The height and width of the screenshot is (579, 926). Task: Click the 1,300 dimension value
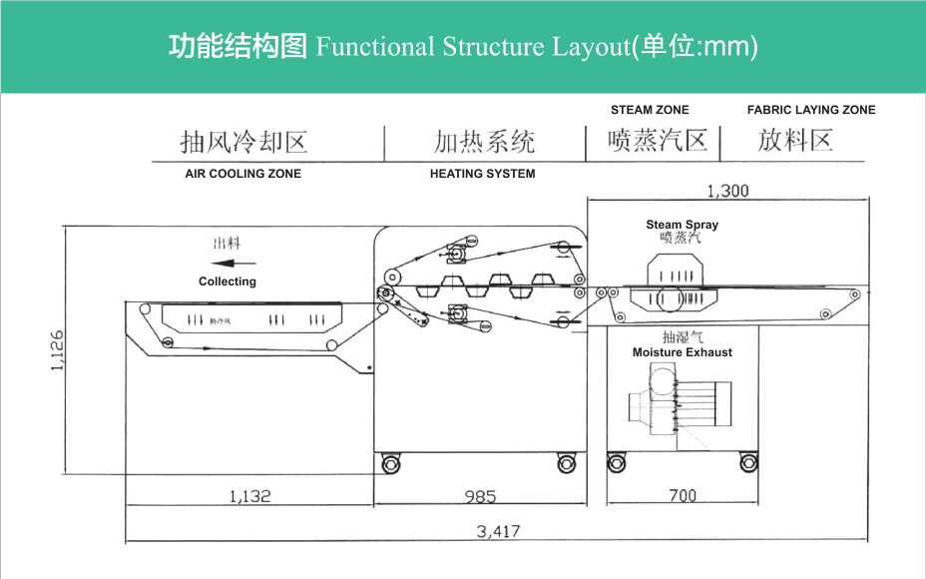coord(726,191)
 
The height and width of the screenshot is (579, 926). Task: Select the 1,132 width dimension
coord(249,495)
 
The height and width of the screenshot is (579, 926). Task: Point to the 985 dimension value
coord(480,496)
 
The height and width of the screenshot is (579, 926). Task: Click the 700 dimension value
coord(683,495)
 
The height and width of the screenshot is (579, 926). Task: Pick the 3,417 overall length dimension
coord(498,531)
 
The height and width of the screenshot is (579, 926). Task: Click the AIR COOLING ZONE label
coord(242,174)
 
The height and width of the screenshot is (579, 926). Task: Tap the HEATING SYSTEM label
coord(482,174)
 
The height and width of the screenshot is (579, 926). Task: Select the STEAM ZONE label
coord(650,110)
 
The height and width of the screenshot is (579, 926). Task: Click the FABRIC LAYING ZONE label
coord(810,110)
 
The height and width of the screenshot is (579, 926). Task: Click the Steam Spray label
coord(682,225)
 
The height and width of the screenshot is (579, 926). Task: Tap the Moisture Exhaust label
coord(682,352)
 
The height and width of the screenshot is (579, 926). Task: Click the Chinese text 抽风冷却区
coord(243,142)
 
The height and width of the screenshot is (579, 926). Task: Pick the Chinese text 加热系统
coord(485,142)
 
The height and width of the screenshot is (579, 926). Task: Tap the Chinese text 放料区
coord(794,141)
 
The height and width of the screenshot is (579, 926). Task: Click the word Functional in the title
coord(375,47)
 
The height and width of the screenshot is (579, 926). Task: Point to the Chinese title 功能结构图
coord(237,47)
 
